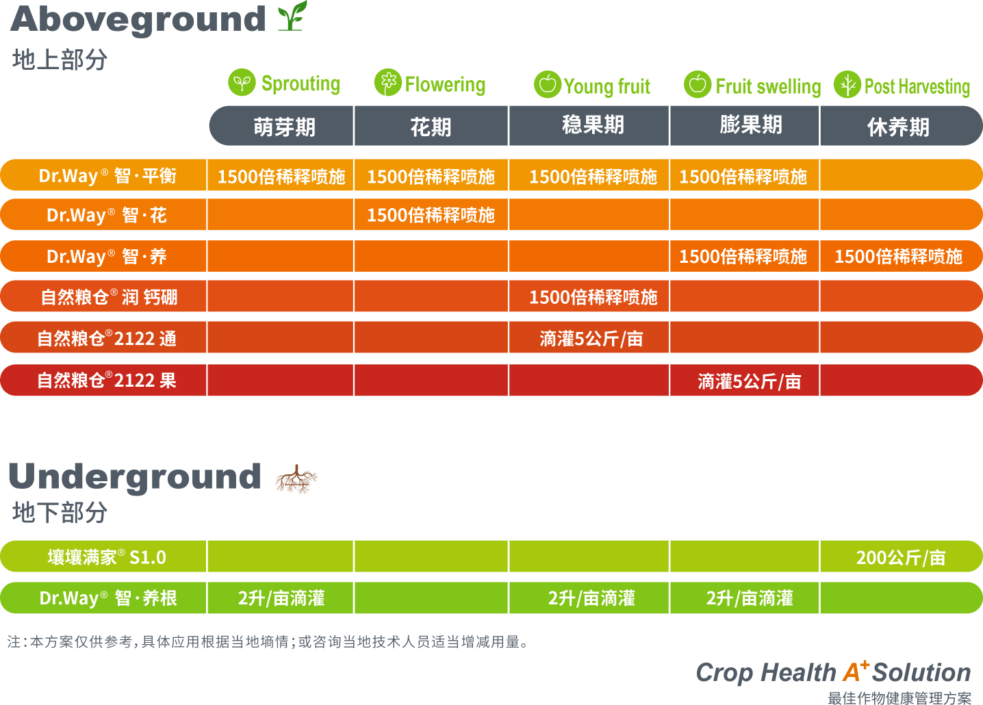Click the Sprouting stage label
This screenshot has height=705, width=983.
click(301, 84)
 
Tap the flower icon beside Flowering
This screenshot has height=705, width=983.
click(387, 83)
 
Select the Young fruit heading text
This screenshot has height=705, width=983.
click(607, 86)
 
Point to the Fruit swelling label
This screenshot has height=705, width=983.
click(767, 86)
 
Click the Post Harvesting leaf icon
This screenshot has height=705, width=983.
click(847, 85)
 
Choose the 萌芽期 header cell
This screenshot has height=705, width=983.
click(284, 127)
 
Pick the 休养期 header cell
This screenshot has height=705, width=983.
click(898, 127)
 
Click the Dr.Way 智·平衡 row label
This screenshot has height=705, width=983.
click(107, 176)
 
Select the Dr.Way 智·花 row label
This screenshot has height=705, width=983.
click(107, 216)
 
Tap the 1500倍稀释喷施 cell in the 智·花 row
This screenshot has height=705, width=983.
click(431, 216)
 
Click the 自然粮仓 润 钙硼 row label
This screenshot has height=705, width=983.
click(109, 297)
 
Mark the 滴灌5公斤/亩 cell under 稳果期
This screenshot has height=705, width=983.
click(591, 339)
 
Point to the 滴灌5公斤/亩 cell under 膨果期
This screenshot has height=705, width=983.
click(750, 381)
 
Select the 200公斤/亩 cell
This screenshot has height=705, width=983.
click(900, 558)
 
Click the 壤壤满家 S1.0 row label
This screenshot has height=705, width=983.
click(107, 558)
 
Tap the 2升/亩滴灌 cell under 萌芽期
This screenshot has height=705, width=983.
click(281, 599)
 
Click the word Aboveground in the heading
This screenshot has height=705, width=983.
click(138, 19)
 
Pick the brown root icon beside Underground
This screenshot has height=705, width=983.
click(296, 479)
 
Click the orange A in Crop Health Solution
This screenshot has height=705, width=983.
click(852, 673)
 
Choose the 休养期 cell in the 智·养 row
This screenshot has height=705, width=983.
click(898, 257)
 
